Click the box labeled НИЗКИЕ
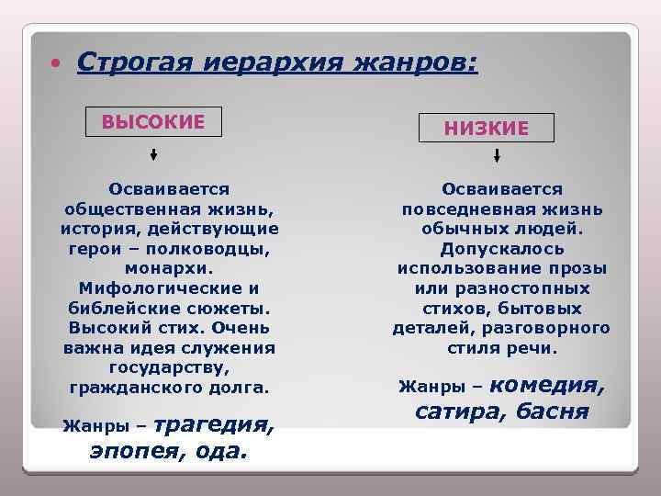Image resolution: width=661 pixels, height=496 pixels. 487,129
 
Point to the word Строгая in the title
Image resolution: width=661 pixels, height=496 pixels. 133,62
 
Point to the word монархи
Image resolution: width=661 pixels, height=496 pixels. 169,269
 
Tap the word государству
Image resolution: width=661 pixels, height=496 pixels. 170,368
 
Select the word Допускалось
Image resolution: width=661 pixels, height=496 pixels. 502,248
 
